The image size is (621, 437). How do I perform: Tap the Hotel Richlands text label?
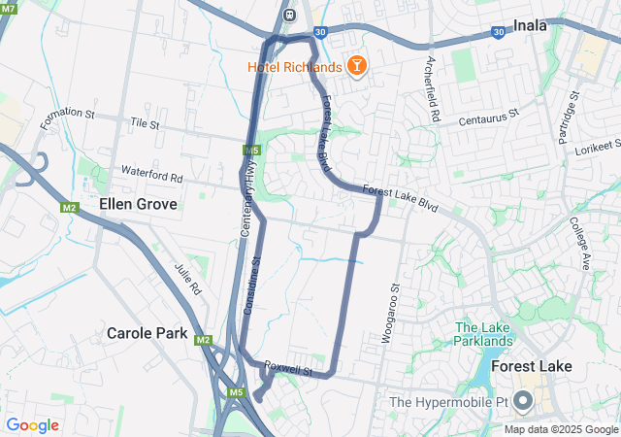pos(294,67)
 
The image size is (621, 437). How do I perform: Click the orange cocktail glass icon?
pos(357,66)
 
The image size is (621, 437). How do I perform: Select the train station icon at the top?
pos(289,15)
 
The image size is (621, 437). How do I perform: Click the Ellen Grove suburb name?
pos(138,205)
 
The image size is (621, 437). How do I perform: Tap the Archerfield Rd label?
pos(433,88)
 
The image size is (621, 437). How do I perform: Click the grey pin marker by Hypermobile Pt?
pos(524,401)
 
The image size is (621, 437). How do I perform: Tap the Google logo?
pos(32,425)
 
